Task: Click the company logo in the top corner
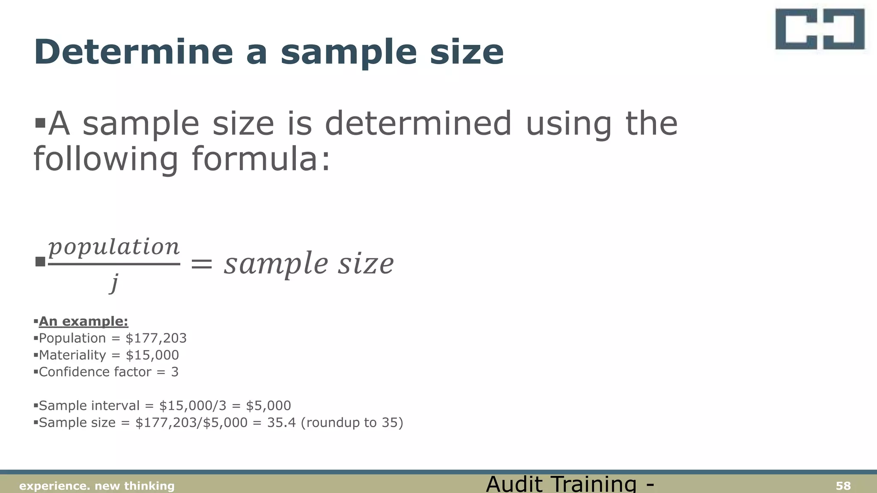pyautogui.click(x=820, y=30)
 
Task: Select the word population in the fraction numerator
pyautogui.click(x=114, y=247)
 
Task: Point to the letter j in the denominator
pyautogui.click(x=114, y=282)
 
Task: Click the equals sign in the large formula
pyautogui.click(x=201, y=264)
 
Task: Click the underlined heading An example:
pyautogui.click(x=84, y=321)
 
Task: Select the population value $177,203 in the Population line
pyautogui.click(x=156, y=339)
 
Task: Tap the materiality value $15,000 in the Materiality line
pyautogui.click(x=152, y=355)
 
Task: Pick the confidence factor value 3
pyautogui.click(x=175, y=372)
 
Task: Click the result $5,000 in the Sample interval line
pyautogui.click(x=268, y=406)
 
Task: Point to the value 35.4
pyautogui.click(x=281, y=423)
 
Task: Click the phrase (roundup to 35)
pyautogui.click(x=352, y=423)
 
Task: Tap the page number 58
pyautogui.click(x=843, y=486)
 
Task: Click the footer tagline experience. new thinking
pyautogui.click(x=97, y=486)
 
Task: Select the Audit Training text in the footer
pyautogui.click(x=570, y=484)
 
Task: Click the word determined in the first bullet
pyautogui.click(x=418, y=124)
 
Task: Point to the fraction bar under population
pyautogui.click(x=114, y=264)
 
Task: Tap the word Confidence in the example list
pyautogui.click(x=66, y=372)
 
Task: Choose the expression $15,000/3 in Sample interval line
pyautogui.click(x=193, y=406)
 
